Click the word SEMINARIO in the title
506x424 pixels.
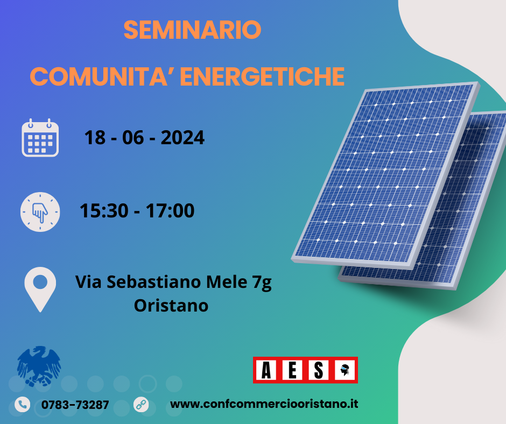click(x=192, y=30)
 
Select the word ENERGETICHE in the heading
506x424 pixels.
click(x=262, y=77)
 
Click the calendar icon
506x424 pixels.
click(x=40, y=138)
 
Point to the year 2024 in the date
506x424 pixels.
click(x=182, y=138)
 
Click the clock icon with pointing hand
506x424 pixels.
click(x=40, y=211)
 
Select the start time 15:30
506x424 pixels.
click(x=104, y=211)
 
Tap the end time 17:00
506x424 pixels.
click(x=170, y=211)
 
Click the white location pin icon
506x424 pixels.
click(x=40, y=289)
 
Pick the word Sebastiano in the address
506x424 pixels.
click(x=154, y=282)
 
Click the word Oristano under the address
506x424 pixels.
click(x=171, y=305)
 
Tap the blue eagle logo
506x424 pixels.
click(x=39, y=366)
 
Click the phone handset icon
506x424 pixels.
click(x=22, y=404)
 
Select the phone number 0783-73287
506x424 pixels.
click(x=75, y=405)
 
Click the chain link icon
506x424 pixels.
click(x=141, y=404)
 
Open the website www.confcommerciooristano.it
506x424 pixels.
click(x=264, y=404)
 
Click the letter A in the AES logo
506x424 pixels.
click(x=266, y=370)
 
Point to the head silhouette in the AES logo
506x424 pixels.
click(x=345, y=370)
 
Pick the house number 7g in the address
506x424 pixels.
click(x=262, y=282)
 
